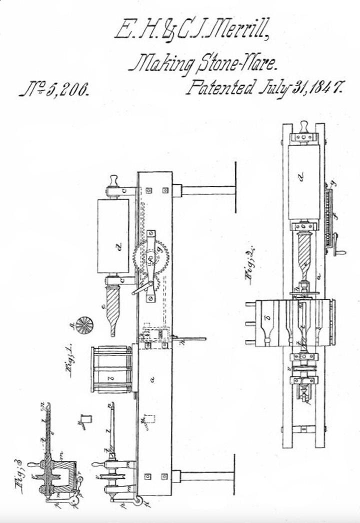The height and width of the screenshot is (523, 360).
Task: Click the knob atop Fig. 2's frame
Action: (x=304, y=124)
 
